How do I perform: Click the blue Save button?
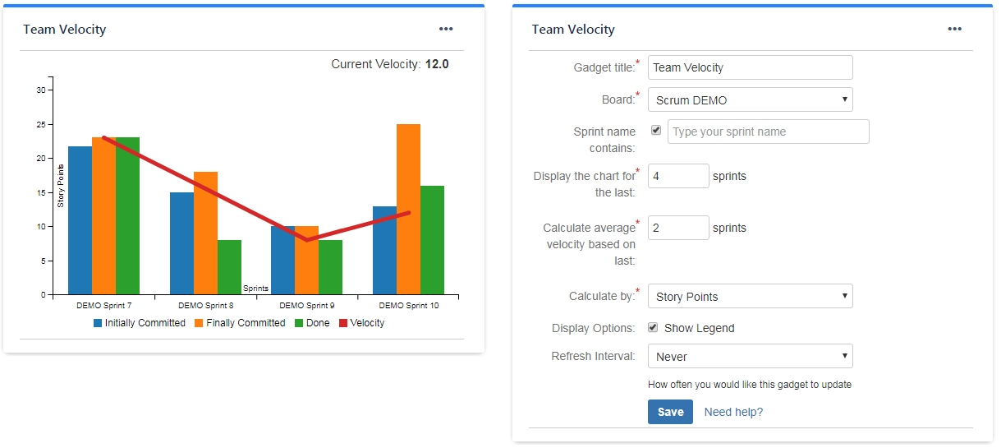click(670, 412)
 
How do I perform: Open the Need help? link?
click(733, 412)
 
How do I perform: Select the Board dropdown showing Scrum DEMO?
click(750, 99)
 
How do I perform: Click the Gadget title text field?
click(750, 67)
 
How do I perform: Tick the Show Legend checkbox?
click(653, 328)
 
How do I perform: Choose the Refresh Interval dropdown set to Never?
click(750, 356)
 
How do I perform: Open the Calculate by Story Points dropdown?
click(750, 296)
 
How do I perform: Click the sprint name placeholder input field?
click(768, 132)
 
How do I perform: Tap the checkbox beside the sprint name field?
click(656, 130)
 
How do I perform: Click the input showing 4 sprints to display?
click(678, 176)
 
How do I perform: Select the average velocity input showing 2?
click(678, 228)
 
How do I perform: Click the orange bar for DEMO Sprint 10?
click(408, 209)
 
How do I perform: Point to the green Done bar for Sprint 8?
click(229, 267)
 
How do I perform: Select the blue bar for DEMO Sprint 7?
click(80, 220)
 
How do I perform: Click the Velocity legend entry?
click(361, 323)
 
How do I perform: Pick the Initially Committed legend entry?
click(140, 323)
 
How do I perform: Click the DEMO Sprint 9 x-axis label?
click(307, 305)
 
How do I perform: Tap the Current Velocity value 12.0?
click(437, 64)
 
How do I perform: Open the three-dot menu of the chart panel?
click(446, 29)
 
